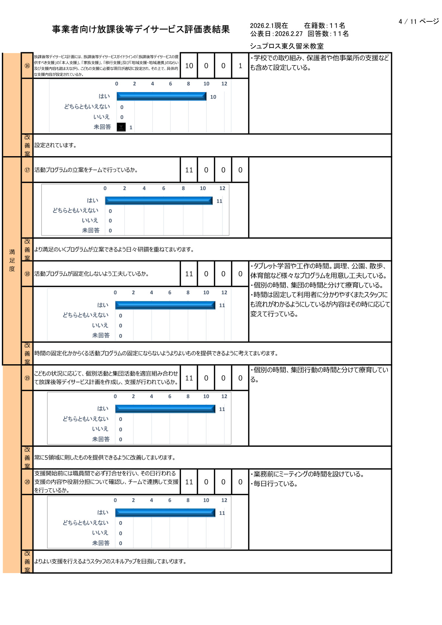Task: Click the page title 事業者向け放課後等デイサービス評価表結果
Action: pos(141,29)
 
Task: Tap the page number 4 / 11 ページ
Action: pos(418,22)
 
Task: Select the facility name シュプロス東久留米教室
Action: pos(287,46)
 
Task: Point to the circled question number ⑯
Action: pos(27,66)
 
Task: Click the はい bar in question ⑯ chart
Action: pos(161,96)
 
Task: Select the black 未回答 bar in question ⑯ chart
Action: pos(121,127)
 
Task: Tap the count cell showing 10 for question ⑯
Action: pos(189,66)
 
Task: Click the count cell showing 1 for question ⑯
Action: pos(240,66)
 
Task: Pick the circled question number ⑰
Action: pos(27,170)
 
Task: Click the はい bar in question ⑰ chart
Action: pos(159,201)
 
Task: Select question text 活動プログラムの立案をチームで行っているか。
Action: pos(86,170)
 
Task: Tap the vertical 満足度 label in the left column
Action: pos(12,260)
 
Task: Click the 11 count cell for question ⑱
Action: pos(189,274)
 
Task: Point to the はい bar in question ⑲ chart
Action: pos(165,409)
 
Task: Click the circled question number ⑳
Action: pos(27,482)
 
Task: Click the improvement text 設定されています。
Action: pos(55,145)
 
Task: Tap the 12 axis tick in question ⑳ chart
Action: pos(224,500)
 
